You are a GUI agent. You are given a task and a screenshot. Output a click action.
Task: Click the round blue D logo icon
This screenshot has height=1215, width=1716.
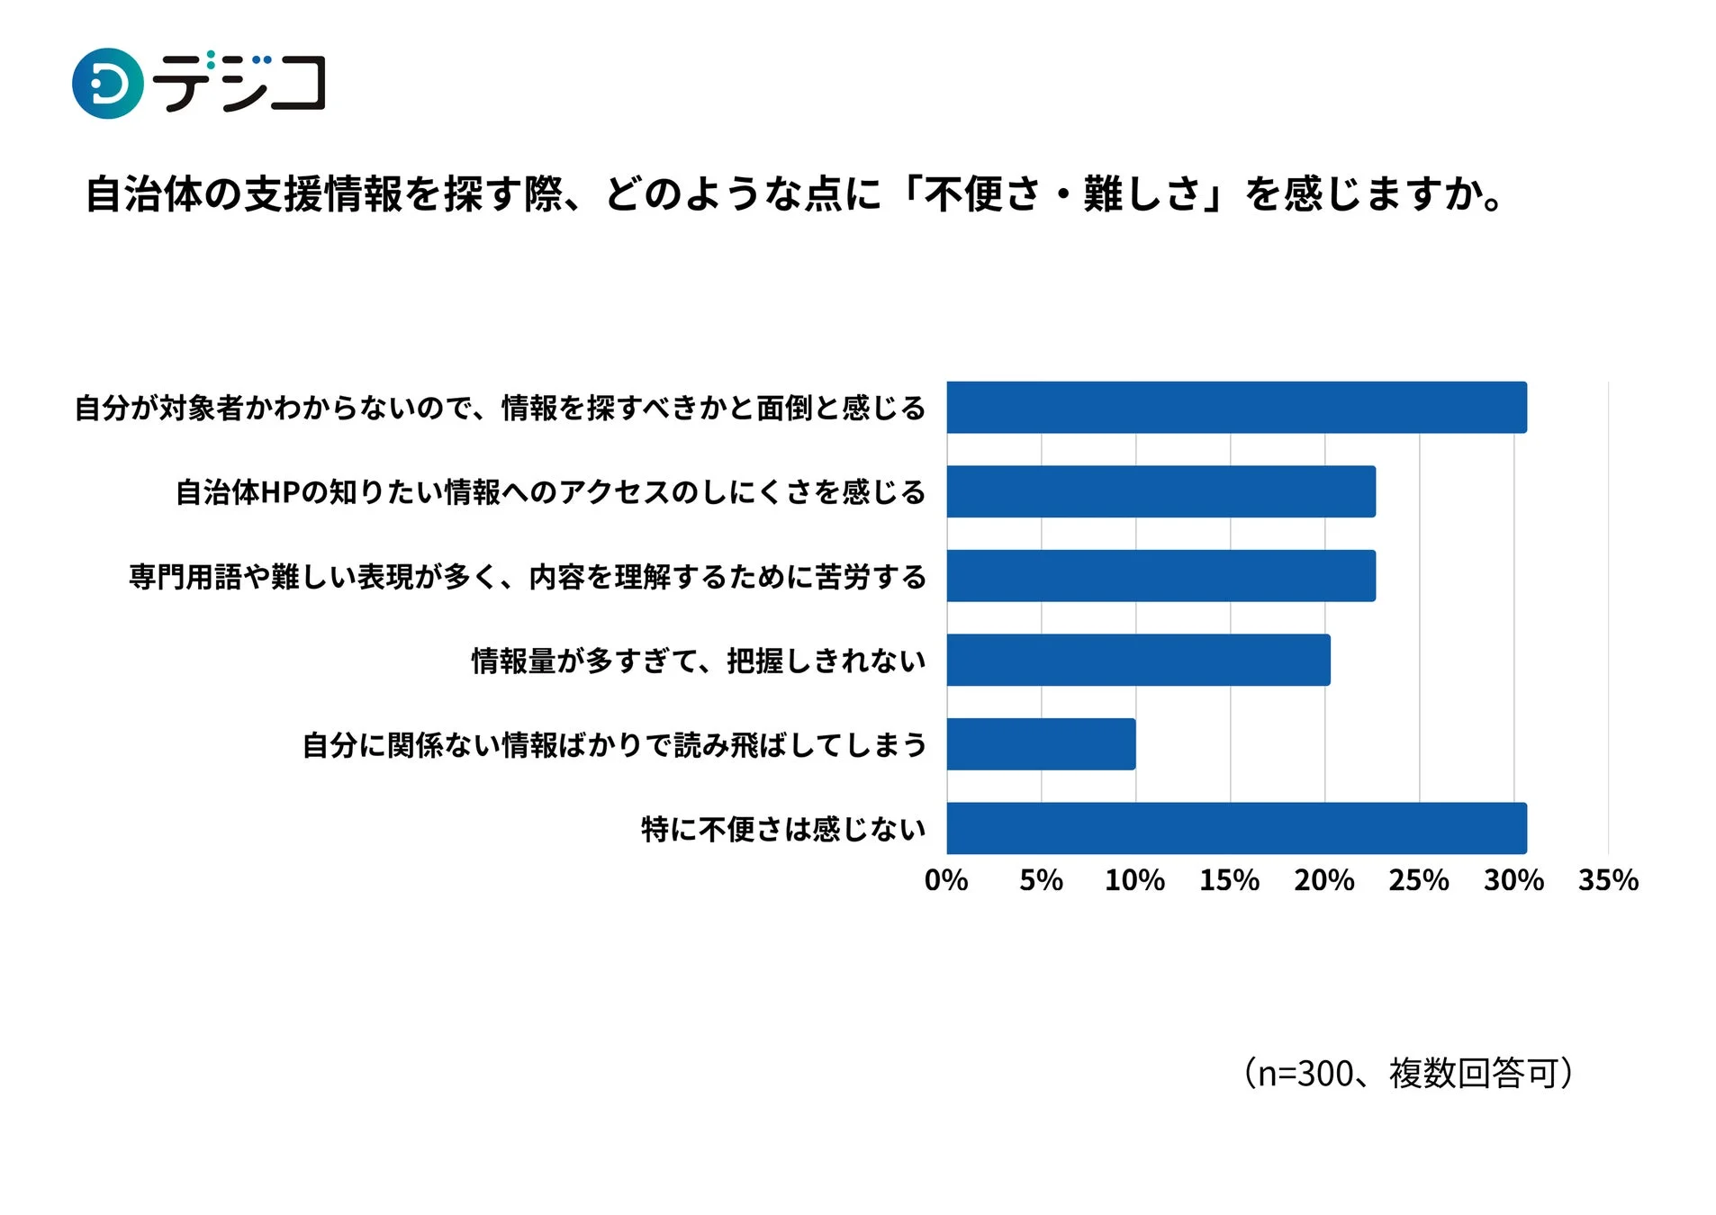pyautogui.click(x=107, y=83)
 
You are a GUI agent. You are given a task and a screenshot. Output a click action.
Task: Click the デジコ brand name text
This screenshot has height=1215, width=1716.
pyautogui.click(x=239, y=83)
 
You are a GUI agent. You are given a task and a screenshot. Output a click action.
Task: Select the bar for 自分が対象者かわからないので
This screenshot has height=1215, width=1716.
pyautogui.click(x=1235, y=407)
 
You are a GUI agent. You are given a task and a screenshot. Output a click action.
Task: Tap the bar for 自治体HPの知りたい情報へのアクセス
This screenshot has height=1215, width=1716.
pyautogui.click(x=1160, y=491)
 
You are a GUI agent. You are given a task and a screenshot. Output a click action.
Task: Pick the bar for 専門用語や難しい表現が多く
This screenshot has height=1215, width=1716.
pyautogui.click(x=1160, y=575)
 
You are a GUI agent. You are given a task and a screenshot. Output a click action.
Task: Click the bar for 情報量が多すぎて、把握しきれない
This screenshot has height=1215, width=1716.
pyautogui.click(x=1137, y=660)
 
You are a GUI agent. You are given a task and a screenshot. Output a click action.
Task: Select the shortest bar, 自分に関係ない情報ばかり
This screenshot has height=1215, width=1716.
pyautogui.click(x=1040, y=743)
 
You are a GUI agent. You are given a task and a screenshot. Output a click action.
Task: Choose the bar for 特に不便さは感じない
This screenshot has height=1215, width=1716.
pyautogui.click(x=1235, y=828)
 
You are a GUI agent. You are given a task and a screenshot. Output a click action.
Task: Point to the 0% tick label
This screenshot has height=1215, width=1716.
pyautogui.click(x=945, y=879)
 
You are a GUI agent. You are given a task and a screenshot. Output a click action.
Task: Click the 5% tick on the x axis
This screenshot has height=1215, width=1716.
pyautogui.click(x=1040, y=879)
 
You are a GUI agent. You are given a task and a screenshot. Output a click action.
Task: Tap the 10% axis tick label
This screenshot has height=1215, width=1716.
pyautogui.click(x=1134, y=879)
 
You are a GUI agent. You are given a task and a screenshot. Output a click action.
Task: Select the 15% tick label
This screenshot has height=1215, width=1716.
pyautogui.click(x=1229, y=879)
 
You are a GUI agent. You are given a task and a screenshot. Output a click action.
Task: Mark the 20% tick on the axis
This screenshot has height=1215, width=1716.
pyautogui.click(x=1323, y=879)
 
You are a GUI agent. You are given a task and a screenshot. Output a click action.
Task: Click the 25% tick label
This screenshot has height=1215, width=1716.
pyautogui.click(x=1418, y=879)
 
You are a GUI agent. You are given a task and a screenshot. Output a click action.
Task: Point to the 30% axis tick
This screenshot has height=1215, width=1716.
pyautogui.click(x=1513, y=879)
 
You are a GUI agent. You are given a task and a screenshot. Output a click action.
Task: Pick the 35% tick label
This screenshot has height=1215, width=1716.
pyautogui.click(x=1607, y=879)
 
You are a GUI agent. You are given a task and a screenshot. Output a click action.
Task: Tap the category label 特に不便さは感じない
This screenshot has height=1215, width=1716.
pyautogui.click(x=782, y=829)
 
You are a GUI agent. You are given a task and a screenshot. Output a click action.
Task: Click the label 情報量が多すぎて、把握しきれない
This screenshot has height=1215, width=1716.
pyautogui.click(x=698, y=661)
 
